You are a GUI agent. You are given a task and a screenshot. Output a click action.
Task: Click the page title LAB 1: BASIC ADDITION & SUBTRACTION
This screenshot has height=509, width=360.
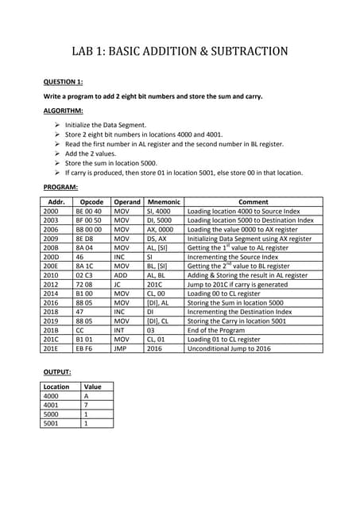[180, 52]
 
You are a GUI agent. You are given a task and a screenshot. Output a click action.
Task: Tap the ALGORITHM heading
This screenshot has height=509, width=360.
[60, 110]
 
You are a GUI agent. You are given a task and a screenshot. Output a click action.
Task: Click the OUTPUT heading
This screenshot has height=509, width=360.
[56, 372]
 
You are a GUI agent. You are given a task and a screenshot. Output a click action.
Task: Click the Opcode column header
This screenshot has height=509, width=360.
[91, 202]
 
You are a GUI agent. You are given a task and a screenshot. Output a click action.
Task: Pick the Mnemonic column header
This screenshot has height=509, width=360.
[163, 202]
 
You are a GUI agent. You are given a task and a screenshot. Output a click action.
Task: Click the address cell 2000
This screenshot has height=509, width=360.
[51, 212]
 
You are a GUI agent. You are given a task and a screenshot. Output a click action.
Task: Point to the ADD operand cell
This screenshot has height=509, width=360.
[122, 274]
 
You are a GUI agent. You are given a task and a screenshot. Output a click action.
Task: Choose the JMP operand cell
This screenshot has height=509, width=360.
[121, 347]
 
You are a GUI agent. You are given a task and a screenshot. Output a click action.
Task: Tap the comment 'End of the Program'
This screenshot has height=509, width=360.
[217, 329]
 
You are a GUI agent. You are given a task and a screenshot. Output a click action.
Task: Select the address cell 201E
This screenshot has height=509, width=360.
[51, 347]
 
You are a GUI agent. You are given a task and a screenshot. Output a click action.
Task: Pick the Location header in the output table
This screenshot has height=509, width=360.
[57, 387]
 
